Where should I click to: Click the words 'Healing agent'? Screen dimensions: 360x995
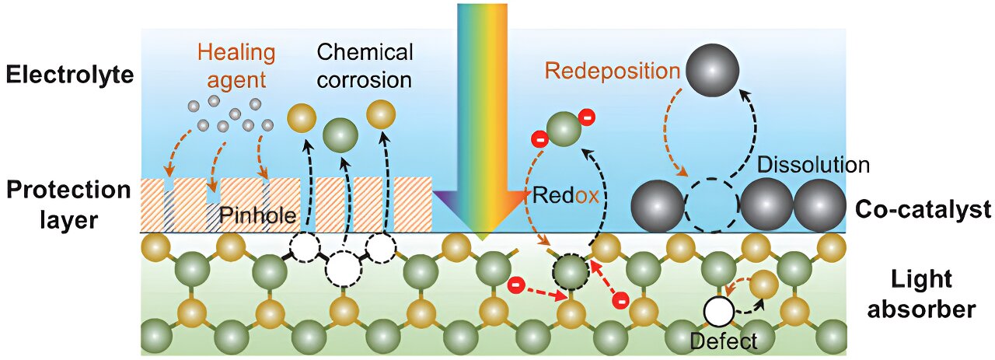[236, 65]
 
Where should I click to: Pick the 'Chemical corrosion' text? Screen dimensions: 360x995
[365, 65]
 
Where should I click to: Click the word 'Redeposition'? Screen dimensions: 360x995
[613, 71]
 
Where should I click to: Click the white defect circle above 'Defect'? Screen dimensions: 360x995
[720, 313]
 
